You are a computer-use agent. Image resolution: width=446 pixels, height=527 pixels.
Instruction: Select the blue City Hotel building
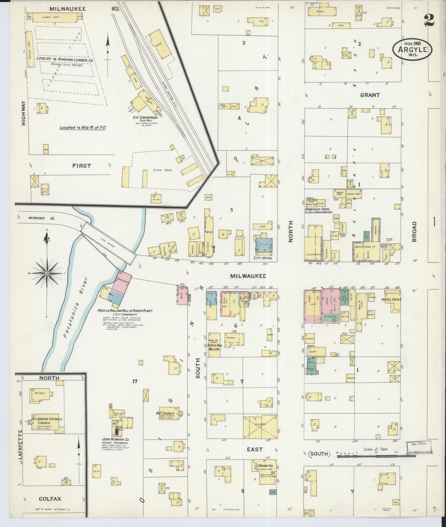tap(264, 245)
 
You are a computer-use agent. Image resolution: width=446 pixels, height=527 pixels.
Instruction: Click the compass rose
tap(47, 273)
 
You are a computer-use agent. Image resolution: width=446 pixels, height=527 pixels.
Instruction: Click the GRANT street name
tap(370, 95)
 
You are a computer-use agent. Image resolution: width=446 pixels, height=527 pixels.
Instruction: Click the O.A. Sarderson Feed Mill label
tap(145, 118)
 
